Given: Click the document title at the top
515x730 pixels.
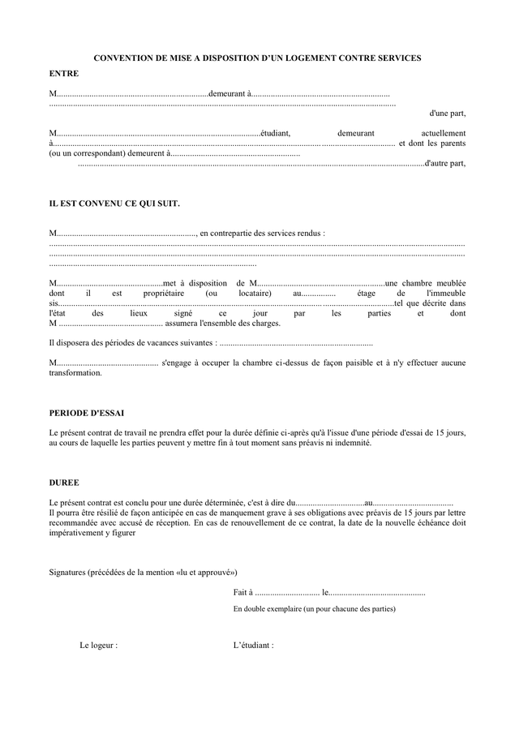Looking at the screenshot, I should pyautogui.click(x=257, y=58).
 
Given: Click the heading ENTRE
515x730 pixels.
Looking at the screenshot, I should pyautogui.click(x=64, y=74).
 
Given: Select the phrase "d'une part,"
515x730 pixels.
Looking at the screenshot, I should pyautogui.click(x=447, y=114).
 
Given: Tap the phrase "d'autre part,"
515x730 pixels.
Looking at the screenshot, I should pyautogui.click(x=445, y=163).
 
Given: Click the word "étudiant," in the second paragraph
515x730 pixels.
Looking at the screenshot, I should pyautogui.click(x=276, y=132).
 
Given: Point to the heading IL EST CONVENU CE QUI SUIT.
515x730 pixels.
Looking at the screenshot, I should pyautogui.click(x=114, y=203).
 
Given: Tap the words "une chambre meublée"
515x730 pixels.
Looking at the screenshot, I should pyautogui.click(x=425, y=282).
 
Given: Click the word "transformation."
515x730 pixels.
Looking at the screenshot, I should pyautogui.click(x=75, y=373).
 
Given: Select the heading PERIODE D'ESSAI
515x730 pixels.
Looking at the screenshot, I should pyautogui.click(x=87, y=413).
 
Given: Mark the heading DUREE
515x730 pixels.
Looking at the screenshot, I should pyautogui.click(x=64, y=483).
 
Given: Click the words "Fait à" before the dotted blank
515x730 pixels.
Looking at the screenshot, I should pyautogui.click(x=242, y=592).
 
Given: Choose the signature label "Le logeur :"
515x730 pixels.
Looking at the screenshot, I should pyautogui.click(x=98, y=646).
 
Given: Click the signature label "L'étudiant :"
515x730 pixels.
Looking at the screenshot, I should pyautogui.click(x=253, y=646).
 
